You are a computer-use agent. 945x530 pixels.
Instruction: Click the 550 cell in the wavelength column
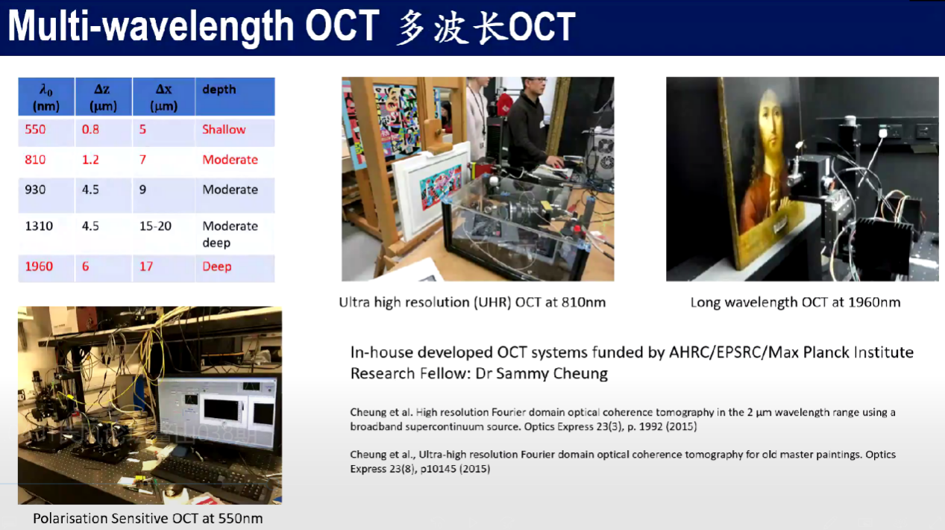[x=35, y=129]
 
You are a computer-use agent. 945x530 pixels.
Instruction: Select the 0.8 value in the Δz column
[x=90, y=129]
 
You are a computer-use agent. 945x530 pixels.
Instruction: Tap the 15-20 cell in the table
[x=155, y=226]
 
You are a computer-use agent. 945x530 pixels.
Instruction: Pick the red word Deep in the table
[x=217, y=266]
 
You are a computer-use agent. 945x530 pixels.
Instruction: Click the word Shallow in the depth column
[x=224, y=129]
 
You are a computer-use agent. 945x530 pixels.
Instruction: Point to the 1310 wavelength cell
[x=39, y=226]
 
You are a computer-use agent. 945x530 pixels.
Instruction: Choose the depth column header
[x=219, y=90]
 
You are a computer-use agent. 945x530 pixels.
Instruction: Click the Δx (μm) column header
[x=163, y=97]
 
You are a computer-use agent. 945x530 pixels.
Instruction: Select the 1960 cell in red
[x=39, y=266]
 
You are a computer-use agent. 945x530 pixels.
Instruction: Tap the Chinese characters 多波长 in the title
[x=451, y=28]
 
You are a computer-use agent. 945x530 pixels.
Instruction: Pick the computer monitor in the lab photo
[x=218, y=413]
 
